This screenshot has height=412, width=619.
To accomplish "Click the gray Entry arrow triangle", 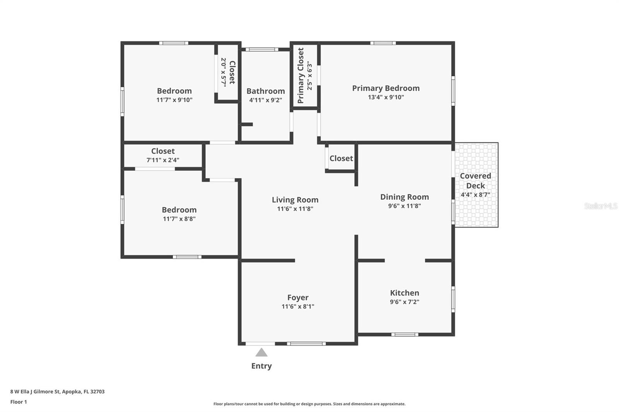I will (x=262, y=353).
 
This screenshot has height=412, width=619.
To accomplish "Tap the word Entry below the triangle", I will (x=262, y=366).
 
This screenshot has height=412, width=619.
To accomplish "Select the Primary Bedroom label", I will (x=386, y=88).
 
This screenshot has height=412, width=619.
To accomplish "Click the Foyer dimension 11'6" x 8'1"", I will (x=298, y=306).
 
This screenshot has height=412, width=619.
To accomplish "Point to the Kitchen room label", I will (x=404, y=293).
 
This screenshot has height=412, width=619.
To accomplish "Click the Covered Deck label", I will (x=475, y=180).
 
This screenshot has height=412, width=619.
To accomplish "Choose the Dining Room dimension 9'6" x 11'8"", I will (x=404, y=206).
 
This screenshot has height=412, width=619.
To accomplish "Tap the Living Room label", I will (x=295, y=200).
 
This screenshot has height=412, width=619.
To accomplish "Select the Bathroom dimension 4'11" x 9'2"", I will (x=265, y=100).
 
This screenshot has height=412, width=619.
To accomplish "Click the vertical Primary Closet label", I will (x=301, y=75).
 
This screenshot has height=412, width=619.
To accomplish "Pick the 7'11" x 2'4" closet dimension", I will (x=162, y=160).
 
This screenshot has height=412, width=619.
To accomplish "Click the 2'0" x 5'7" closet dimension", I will (x=224, y=72).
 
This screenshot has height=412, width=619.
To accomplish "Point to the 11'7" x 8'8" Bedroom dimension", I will (x=179, y=219).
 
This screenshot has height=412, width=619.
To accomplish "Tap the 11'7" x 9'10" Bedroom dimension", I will (x=174, y=100).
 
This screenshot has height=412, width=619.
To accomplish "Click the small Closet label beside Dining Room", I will (x=341, y=158).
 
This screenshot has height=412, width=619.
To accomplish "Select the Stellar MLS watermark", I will (x=600, y=206).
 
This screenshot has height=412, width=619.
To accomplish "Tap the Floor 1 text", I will (x=19, y=402).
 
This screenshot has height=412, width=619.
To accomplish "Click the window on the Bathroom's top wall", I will (x=262, y=49).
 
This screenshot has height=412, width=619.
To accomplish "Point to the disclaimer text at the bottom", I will (x=309, y=404).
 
